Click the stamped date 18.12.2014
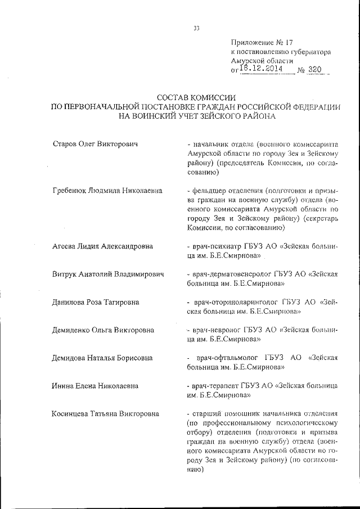(264, 69)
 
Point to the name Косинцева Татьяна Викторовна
(105, 414)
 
